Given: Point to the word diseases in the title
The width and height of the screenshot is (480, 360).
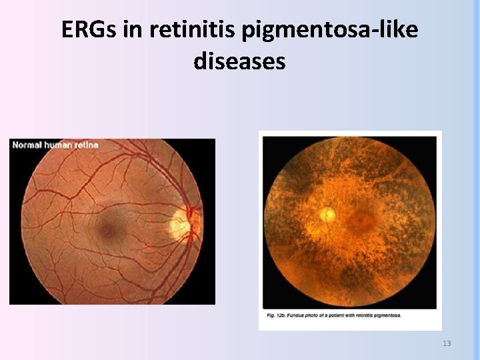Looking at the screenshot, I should [240, 61].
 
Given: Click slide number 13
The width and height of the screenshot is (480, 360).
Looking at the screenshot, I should [447, 343].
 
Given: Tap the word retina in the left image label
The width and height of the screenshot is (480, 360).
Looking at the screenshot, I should [84, 145].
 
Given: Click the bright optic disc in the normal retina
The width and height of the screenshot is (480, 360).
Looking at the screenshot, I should [182, 223].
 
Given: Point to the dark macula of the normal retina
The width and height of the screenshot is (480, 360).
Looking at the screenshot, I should [107, 230].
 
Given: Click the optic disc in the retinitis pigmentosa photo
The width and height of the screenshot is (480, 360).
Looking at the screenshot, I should [327, 214].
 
